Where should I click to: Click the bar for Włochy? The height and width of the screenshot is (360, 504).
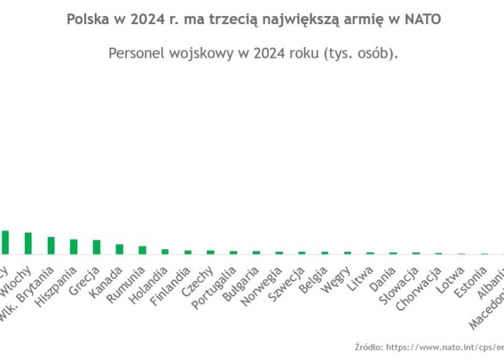click(28, 243)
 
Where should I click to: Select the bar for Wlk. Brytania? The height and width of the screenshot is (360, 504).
click(51, 245)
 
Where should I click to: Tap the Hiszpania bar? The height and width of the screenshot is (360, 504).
click(74, 246)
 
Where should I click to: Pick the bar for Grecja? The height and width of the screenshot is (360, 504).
click(97, 247)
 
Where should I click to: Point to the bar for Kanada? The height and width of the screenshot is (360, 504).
click(120, 249)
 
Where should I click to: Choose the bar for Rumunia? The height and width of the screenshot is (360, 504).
click(142, 250)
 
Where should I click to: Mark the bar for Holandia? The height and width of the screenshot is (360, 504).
click(165, 252)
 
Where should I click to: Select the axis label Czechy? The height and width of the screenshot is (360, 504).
click(201, 281)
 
